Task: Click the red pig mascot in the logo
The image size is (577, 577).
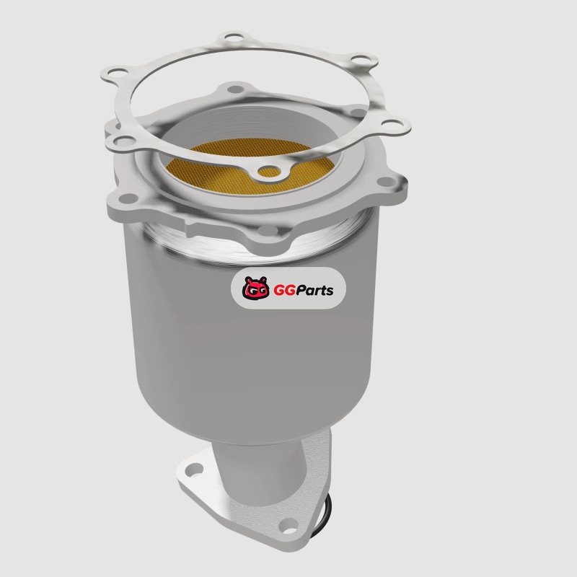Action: [x=256, y=288]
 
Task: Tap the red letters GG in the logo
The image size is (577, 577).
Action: [x=284, y=291]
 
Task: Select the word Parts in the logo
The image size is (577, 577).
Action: [x=314, y=291]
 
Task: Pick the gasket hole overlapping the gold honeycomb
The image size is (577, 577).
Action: [x=269, y=172]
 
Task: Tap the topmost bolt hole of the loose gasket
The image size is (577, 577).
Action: [x=234, y=37]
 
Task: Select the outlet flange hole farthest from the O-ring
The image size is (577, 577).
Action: [x=194, y=470]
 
